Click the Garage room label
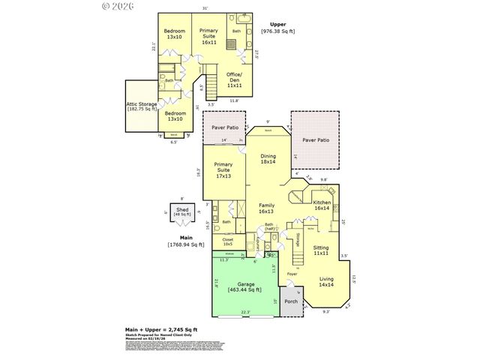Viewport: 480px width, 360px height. (245, 286)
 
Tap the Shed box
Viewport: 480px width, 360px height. (181, 212)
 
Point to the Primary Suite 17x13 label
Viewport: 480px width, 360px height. (223, 170)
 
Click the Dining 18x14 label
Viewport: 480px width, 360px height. (268, 158)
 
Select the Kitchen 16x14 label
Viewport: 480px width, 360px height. (322, 205)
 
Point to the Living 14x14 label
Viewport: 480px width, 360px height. (326, 282)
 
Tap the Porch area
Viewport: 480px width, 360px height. (291, 302)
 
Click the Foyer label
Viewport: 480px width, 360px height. (292, 274)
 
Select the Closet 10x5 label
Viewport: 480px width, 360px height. (228, 242)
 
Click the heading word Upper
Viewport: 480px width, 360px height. (277, 24)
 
